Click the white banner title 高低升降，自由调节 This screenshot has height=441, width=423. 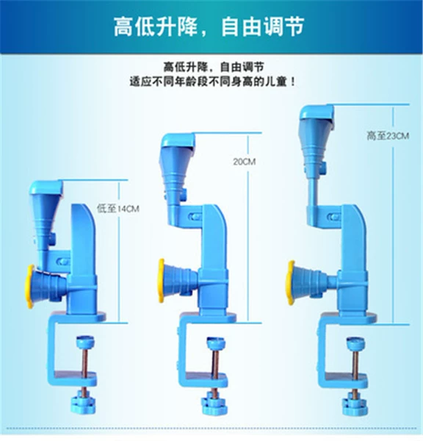pos(209,26)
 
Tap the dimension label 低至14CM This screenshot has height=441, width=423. pos(117,209)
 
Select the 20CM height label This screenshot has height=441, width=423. pos(245,162)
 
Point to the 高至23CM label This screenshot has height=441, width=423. pos(388,136)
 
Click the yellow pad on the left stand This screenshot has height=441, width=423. pos(29,287)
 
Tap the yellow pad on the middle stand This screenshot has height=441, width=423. pos(161,281)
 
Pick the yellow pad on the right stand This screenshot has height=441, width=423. pos(290,283)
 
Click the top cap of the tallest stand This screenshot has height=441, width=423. pos(317,112)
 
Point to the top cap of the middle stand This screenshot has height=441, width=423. pos(178,140)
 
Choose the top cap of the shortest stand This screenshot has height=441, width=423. pos(46,187)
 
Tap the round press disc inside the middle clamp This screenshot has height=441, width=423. pos(216,343)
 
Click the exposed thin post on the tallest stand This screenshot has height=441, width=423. pos(313,192)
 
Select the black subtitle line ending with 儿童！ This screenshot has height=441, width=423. pos(212,82)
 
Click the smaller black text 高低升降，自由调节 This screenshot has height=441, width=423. pos(214,67)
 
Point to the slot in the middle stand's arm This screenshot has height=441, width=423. pos(195,217)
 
